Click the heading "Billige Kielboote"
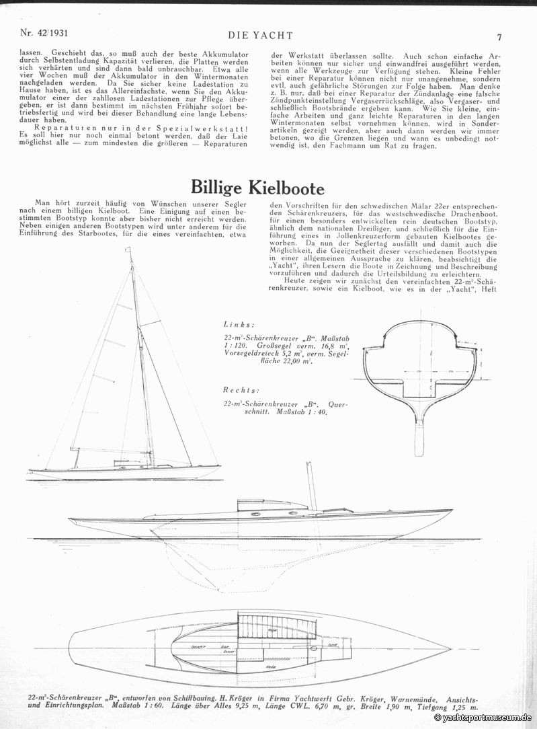click(x=257, y=186)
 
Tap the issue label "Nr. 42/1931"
click(x=44, y=32)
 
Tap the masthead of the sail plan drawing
click(x=130, y=250)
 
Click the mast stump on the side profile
click(x=311, y=486)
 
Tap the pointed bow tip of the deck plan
click(x=448, y=650)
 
